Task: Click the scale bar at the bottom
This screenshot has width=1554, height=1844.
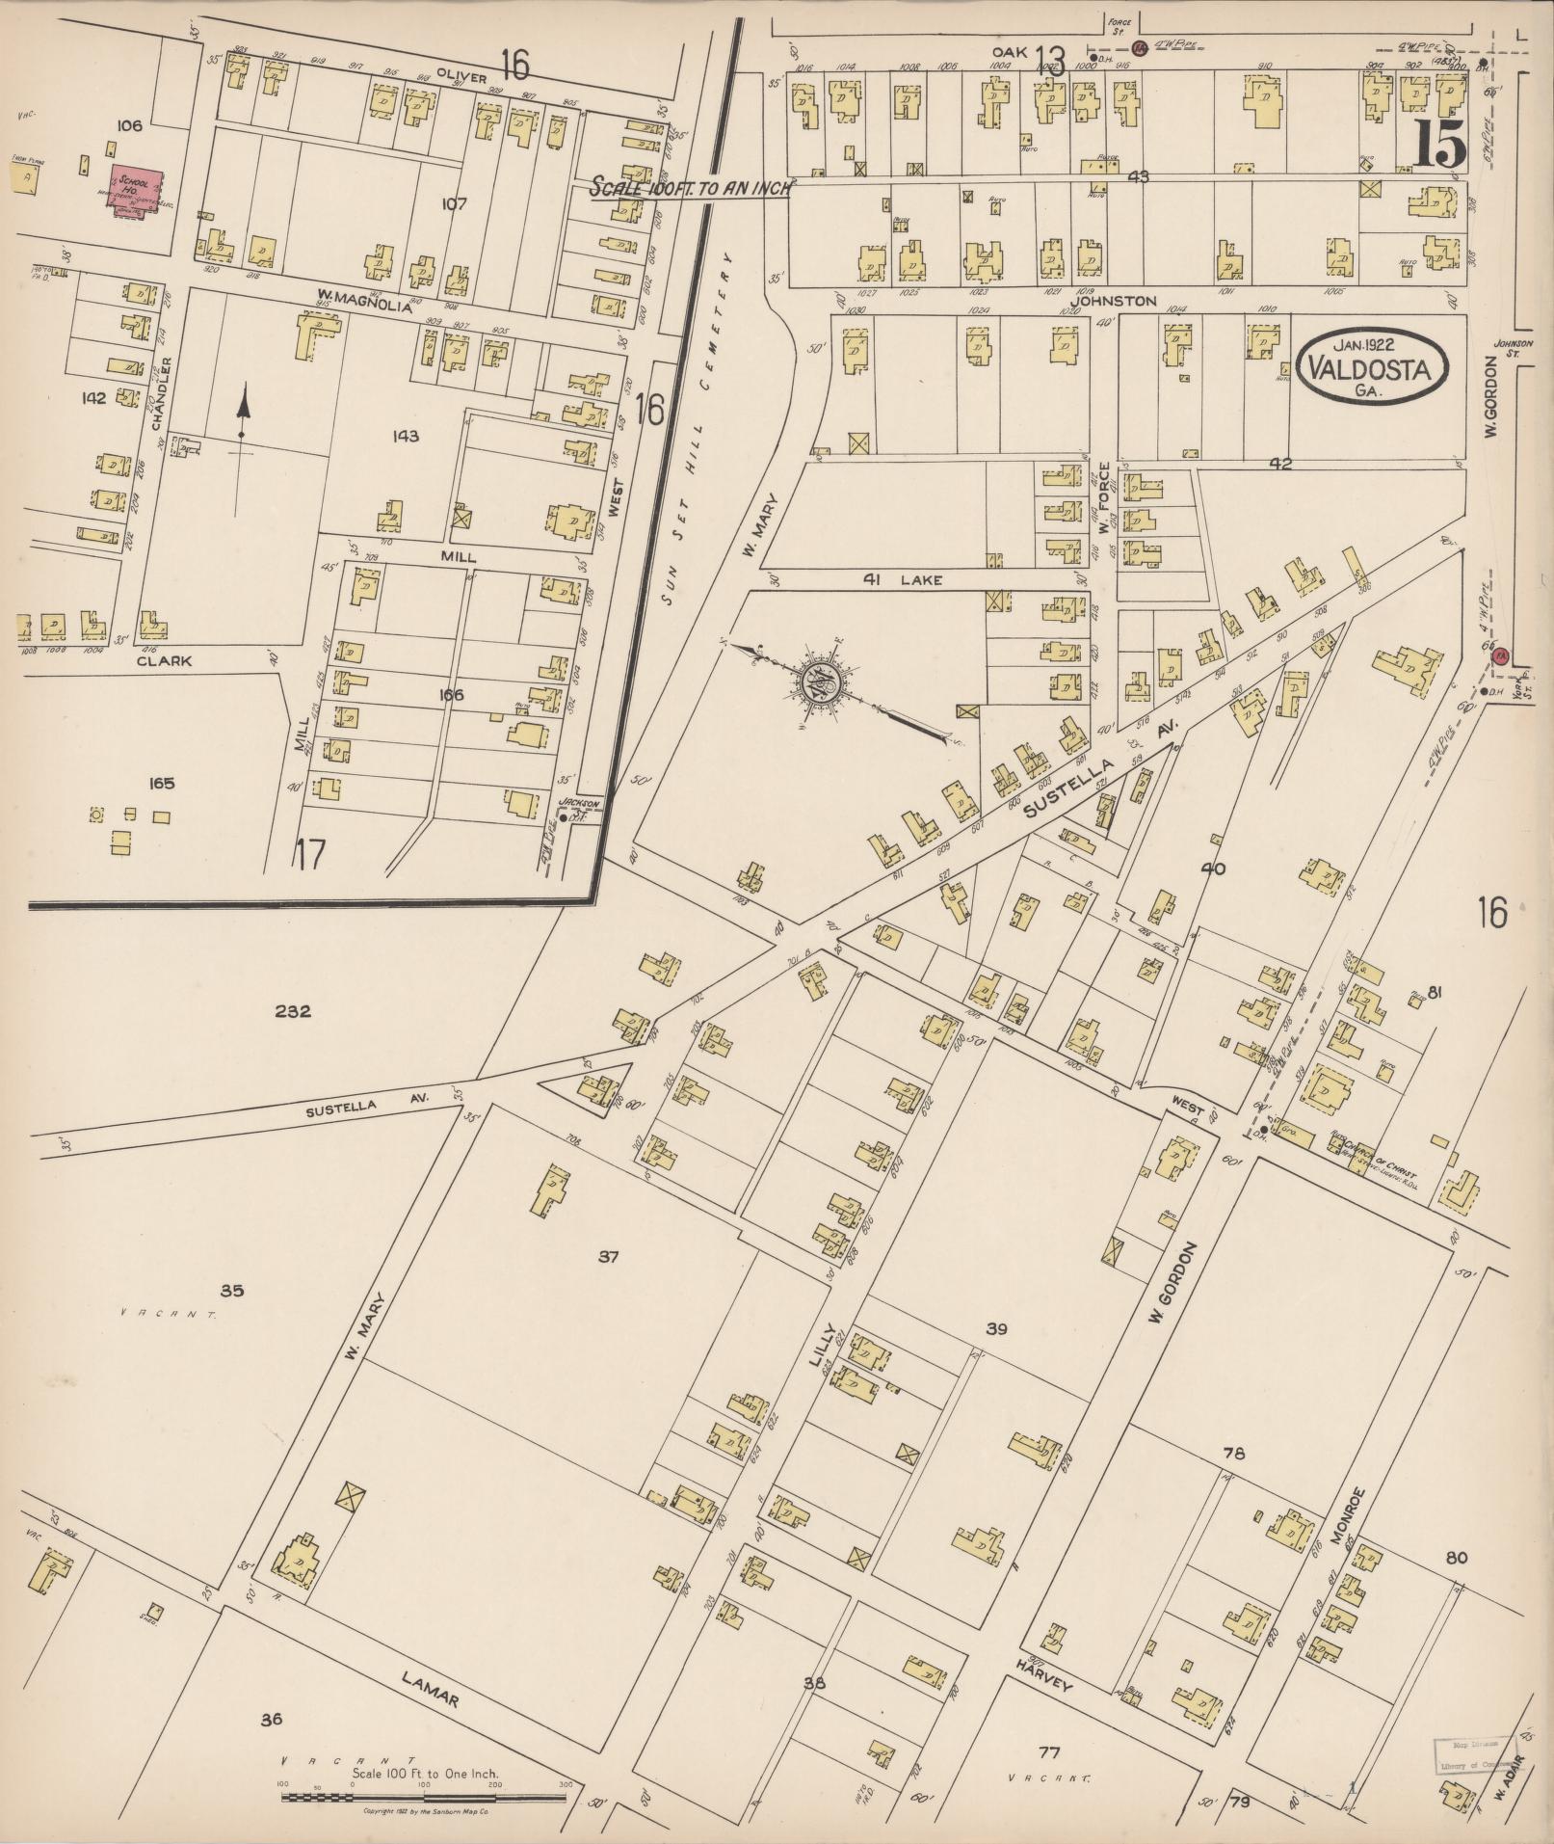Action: [424, 1796]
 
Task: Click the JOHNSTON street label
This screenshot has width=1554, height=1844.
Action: [1113, 301]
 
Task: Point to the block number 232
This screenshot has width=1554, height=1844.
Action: [292, 1011]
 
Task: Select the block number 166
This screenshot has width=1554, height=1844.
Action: [451, 695]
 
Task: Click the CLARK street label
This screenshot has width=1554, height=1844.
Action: [164, 661]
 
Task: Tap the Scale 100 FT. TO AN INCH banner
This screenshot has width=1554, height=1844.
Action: [690, 187]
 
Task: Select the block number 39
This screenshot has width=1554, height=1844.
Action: [996, 1329]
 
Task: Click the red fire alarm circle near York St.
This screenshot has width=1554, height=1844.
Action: [1499, 656]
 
